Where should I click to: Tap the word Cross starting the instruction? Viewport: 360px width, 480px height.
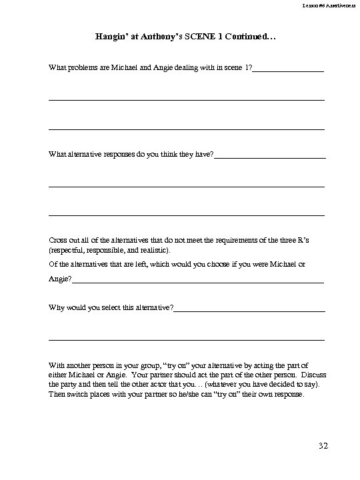coord(59,239)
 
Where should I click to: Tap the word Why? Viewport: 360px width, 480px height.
coord(57,308)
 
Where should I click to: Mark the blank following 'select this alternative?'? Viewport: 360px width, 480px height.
coord(249,309)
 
